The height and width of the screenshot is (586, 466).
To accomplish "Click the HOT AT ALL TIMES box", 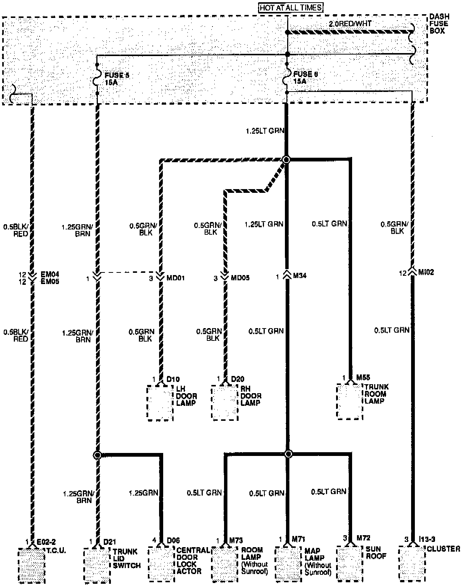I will [x=290, y=7].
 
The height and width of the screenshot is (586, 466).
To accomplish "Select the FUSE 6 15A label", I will [x=305, y=78].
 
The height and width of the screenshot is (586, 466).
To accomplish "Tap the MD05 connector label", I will [x=240, y=278].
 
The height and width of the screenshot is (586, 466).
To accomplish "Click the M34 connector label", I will [x=300, y=276].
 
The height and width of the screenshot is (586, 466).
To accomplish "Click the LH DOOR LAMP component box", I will [x=160, y=403].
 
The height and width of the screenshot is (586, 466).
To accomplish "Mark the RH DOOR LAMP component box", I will [x=225, y=403].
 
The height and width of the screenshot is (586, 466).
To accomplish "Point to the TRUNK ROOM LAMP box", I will [x=350, y=401].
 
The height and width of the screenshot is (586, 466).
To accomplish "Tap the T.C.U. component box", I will [x=32, y=565].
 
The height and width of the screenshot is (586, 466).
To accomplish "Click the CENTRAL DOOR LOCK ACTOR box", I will [x=161, y=565].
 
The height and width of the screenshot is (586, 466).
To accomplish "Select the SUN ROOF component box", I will [x=350, y=564].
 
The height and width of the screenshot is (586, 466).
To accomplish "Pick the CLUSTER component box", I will [x=412, y=564].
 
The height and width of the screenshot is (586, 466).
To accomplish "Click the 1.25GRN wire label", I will [x=143, y=493].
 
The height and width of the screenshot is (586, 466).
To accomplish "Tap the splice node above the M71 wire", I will [x=288, y=454].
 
